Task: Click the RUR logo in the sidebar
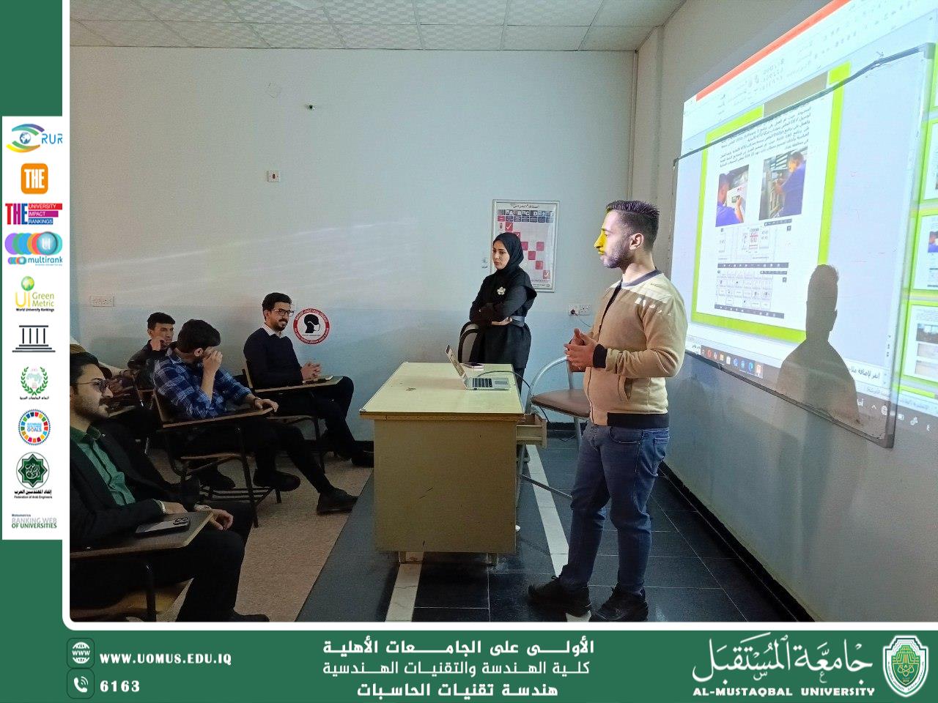pyautogui.click(x=33, y=137)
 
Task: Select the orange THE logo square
pyautogui.click(x=34, y=178)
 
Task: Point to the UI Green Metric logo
pyautogui.click(x=34, y=294)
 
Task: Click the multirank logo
pyautogui.click(x=34, y=248)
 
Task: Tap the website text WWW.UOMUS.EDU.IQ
pyautogui.click(x=165, y=658)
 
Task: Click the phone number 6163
pyautogui.click(x=119, y=686)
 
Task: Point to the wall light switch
pyautogui.click(x=274, y=176)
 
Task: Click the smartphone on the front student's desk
pyautogui.click(x=163, y=524)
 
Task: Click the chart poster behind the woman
pyautogui.click(x=525, y=244)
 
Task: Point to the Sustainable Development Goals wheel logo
pyautogui.click(x=34, y=427)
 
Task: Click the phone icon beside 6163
pyautogui.click(x=81, y=685)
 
